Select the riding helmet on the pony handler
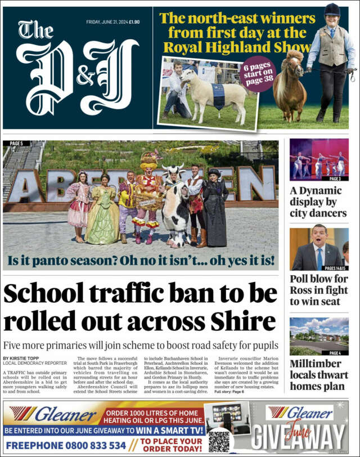pyautogui.click(x=332, y=10)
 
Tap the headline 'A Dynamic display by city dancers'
pyautogui.click(x=318, y=202)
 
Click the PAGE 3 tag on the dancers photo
pyautogui.click(x=335, y=178)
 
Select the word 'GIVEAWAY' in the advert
pyautogui.click(x=298, y=437)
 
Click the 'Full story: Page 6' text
pyautogui.click(x=229, y=391)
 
